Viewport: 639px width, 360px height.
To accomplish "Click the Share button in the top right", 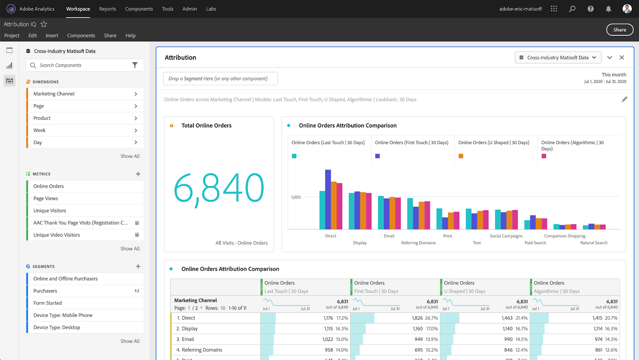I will pos(619,30).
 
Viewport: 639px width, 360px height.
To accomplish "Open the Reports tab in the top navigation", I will pos(107,9).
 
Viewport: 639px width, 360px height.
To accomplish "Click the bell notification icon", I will pos(608,9).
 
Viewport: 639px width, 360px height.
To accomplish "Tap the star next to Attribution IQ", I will pos(44,24).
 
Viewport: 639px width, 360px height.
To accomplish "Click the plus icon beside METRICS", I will pos(138,174).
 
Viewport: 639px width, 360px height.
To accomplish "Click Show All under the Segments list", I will pos(130,341).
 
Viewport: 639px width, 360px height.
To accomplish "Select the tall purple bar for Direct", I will pos(328,200).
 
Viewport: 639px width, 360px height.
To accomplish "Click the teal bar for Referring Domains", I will pos(410,214).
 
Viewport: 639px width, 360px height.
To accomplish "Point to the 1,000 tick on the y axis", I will pos(296,197).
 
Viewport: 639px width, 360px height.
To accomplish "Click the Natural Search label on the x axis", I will pos(593,243).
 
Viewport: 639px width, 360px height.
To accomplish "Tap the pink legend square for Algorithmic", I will pos(544,156).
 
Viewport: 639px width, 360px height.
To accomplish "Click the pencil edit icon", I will pos(624,99).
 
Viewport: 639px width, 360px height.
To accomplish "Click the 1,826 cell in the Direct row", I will pos(417,318).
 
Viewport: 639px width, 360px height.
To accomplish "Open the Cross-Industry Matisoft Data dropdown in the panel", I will pos(558,57).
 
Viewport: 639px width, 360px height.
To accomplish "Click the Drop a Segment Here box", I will pos(220,79).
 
